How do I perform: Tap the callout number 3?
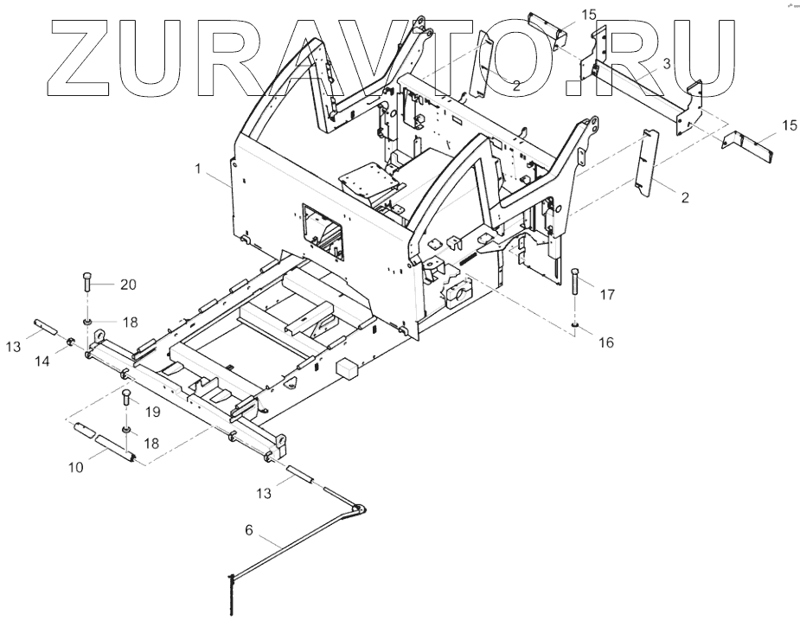coord(666,64)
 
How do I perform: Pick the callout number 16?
coord(605,343)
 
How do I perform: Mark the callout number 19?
coord(152,412)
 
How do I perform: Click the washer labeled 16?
coord(573,325)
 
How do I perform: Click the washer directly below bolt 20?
coord(89,320)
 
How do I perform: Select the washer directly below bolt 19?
coord(126,428)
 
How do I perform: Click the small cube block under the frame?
coord(349,367)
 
